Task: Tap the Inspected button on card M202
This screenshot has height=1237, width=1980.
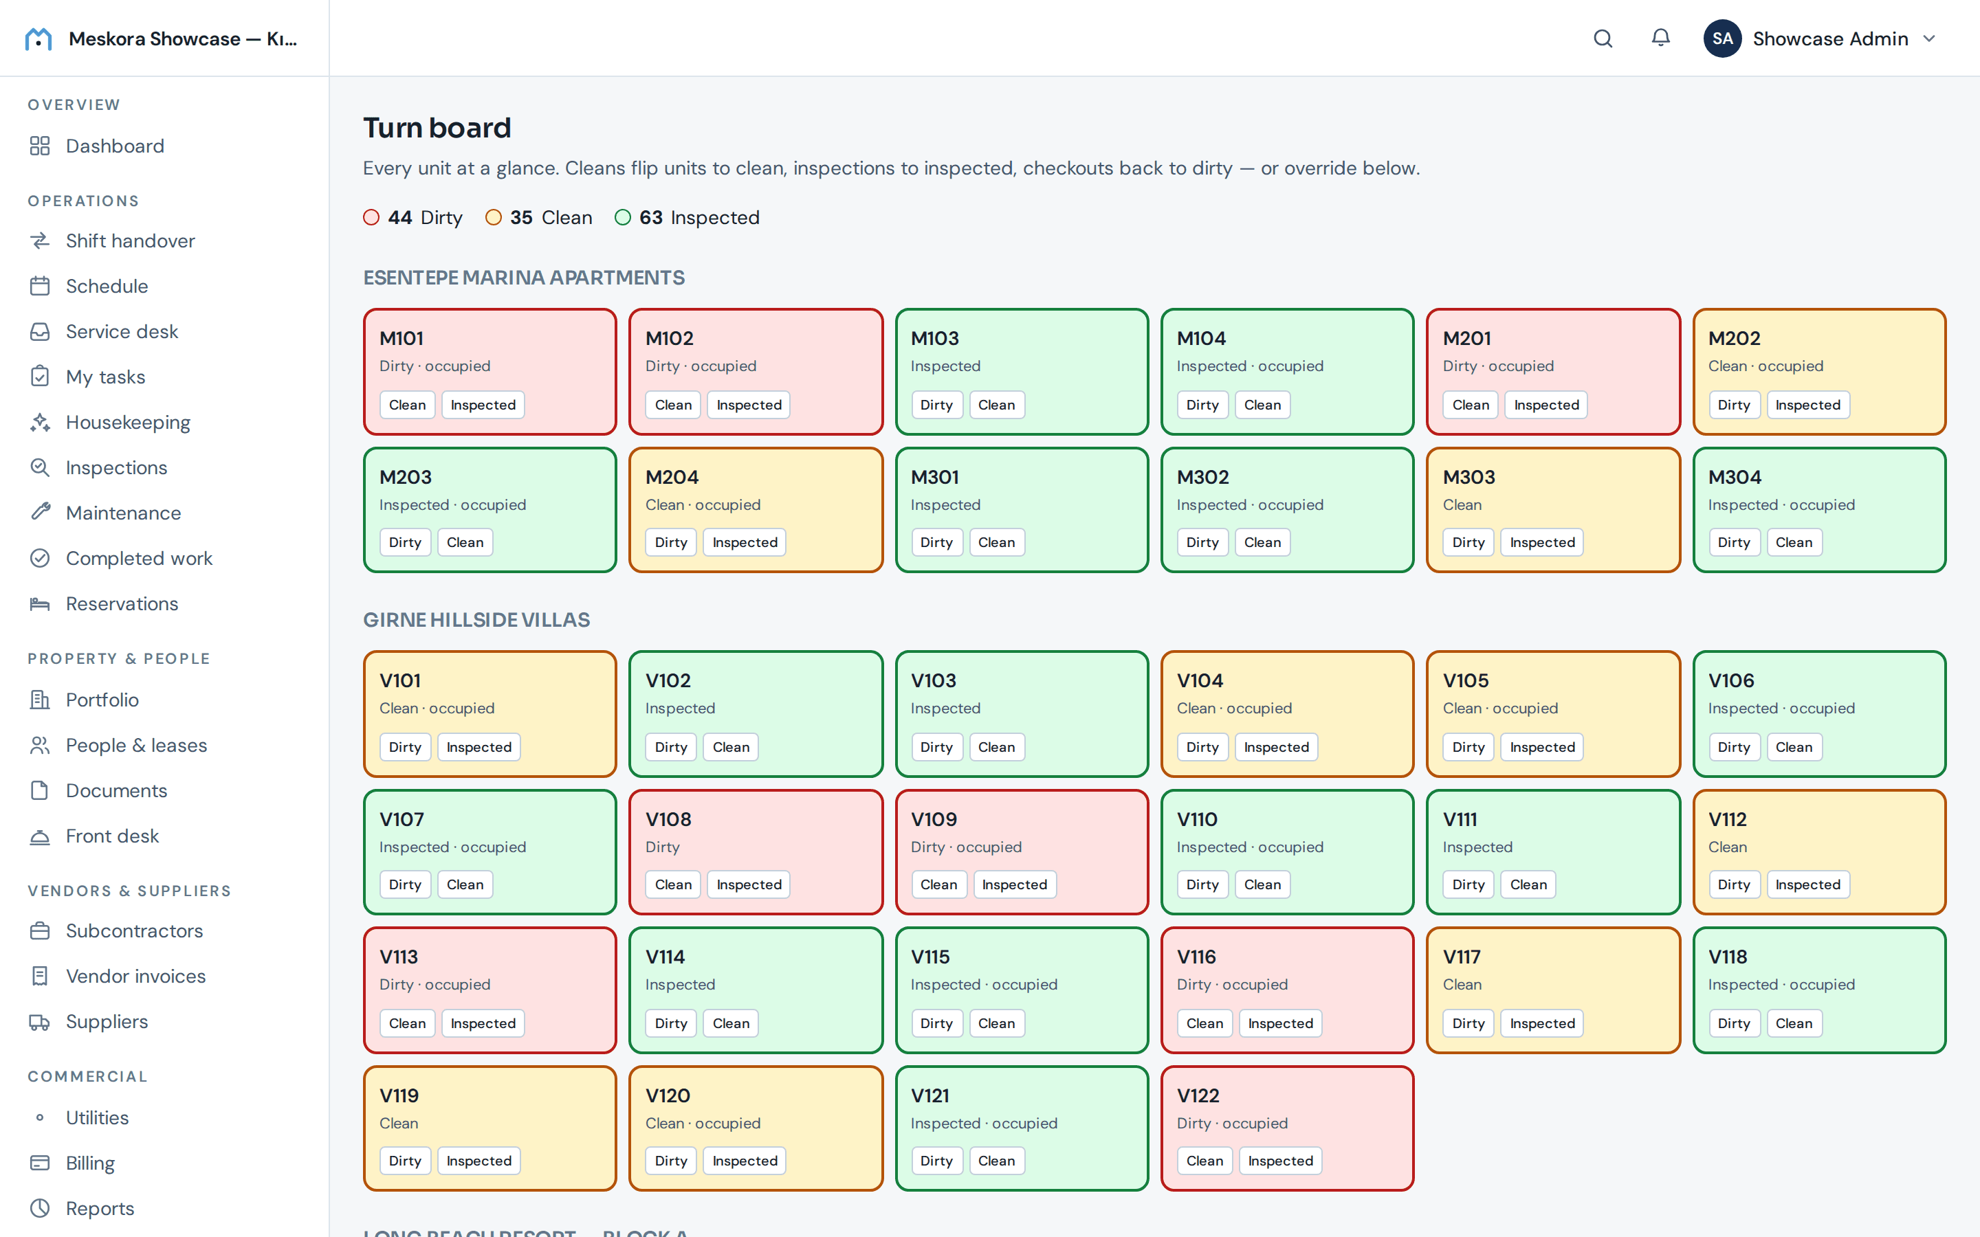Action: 1807,405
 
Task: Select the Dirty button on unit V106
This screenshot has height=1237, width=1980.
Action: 1734,747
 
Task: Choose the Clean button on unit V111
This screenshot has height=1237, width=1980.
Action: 1528,884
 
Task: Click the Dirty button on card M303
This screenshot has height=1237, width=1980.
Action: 1468,542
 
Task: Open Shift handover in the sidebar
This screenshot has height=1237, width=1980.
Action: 130,241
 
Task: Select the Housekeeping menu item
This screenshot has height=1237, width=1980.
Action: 128,422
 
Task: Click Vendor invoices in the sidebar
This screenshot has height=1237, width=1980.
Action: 135,976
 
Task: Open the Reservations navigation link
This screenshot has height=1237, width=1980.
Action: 122,604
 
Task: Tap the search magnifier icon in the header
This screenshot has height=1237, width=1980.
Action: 1603,38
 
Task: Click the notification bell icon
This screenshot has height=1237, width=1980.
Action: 1660,38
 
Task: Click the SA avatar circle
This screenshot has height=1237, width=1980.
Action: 1722,38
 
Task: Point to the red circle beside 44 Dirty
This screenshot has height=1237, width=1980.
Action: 371,218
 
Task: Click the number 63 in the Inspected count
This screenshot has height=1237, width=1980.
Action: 650,218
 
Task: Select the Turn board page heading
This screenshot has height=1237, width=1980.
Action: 437,128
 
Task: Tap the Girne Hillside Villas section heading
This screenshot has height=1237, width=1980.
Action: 476,620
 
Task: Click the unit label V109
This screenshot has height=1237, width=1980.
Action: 934,819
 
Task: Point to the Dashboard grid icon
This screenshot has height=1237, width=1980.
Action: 40,146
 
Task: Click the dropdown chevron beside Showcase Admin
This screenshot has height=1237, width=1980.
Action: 1929,38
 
